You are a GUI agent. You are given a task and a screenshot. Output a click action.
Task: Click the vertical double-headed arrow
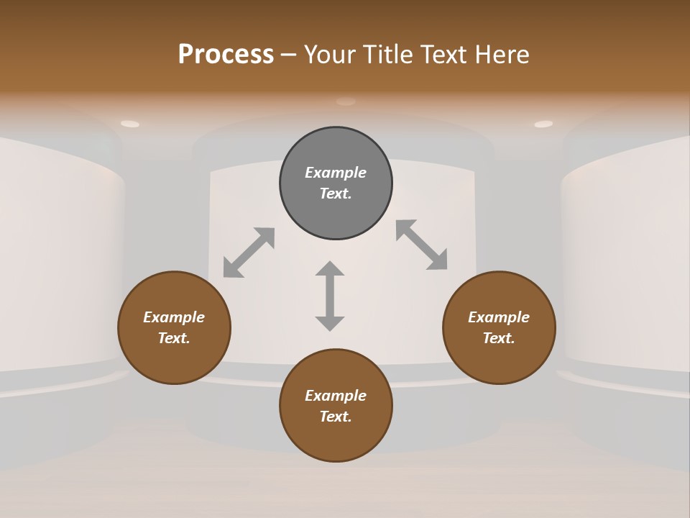click(x=330, y=296)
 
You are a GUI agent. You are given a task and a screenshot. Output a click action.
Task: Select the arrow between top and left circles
click(x=249, y=253)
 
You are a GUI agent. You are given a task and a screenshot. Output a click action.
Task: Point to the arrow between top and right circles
click(x=422, y=245)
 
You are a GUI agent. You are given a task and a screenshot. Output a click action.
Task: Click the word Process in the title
click(x=226, y=55)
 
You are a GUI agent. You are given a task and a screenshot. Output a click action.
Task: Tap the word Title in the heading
click(x=387, y=55)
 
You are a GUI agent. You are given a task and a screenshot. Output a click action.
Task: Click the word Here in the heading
click(x=503, y=55)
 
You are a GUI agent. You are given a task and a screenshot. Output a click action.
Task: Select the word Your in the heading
click(x=330, y=55)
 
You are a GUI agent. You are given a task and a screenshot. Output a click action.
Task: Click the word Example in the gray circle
click(x=336, y=173)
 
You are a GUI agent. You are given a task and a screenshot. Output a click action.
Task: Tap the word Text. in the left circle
click(x=174, y=338)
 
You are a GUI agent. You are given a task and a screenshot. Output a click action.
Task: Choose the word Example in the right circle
click(x=499, y=317)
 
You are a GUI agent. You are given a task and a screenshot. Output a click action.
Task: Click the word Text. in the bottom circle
click(x=336, y=417)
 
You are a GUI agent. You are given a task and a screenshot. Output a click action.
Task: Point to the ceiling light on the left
click(x=130, y=124)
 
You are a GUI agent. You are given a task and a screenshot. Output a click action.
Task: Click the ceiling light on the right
click(x=543, y=124)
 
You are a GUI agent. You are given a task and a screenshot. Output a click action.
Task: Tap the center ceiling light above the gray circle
click(x=346, y=101)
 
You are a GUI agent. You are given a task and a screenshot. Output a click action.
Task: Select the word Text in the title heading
click(x=445, y=55)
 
